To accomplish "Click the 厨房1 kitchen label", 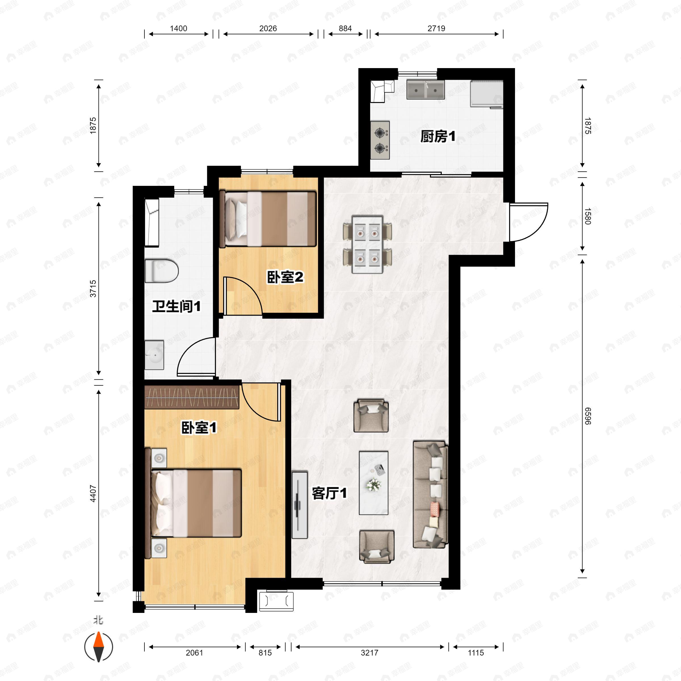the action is [438, 136].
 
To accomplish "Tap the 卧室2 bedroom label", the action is [285, 277].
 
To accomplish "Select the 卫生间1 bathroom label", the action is [176, 306].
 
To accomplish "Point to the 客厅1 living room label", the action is [329, 493].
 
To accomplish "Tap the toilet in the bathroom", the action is [162, 271].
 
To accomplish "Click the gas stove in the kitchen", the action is [380, 140].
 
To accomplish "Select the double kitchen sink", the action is [425, 89].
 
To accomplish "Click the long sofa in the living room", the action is [430, 494].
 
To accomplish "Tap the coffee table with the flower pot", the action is [374, 483].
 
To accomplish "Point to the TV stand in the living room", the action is [300, 505].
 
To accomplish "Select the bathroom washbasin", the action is [154, 355].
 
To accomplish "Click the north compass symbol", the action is [99, 647].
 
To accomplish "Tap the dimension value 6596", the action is [588, 416].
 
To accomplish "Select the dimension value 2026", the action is [268, 29].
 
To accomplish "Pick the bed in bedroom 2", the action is [268, 218].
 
